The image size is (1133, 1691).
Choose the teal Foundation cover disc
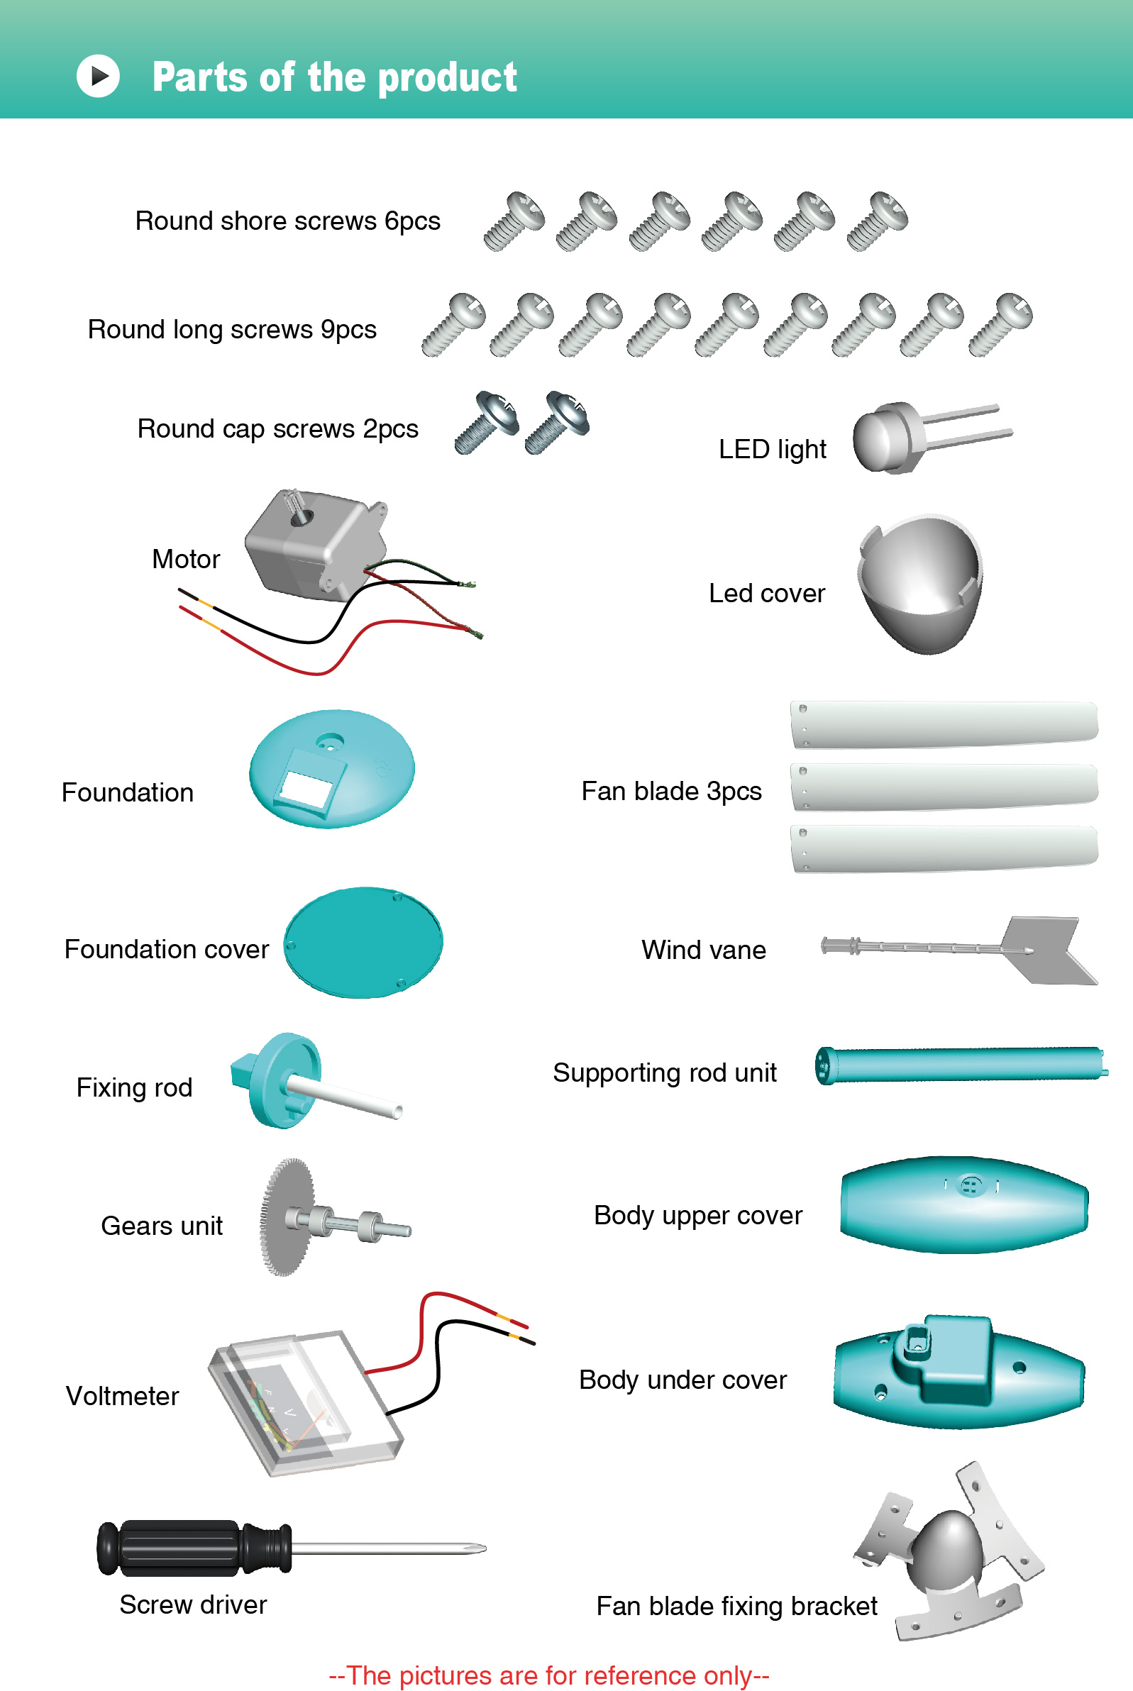click(363, 942)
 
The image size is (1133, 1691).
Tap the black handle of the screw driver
click(181, 1547)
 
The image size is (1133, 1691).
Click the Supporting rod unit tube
click(961, 1065)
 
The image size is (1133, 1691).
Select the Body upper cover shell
click(964, 1204)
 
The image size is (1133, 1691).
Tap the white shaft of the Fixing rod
click(347, 1097)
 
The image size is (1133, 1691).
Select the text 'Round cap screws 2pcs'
click(277, 428)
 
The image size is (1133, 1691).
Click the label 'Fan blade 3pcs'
click(671, 791)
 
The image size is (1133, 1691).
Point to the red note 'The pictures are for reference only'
click(548, 1675)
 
